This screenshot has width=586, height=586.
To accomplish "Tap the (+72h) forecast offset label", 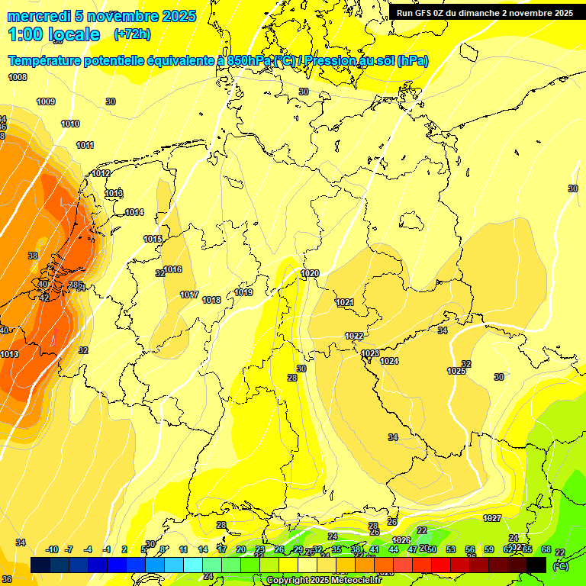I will [x=132, y=34].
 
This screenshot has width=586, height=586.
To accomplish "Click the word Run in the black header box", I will [x=405, y=13].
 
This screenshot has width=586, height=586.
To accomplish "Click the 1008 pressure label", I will [x=18, y=77].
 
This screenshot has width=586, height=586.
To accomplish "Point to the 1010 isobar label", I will [x=70, y=124].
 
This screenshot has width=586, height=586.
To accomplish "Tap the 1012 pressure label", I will [x=101, y=174].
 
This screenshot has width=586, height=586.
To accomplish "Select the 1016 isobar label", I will [x=172, y=269].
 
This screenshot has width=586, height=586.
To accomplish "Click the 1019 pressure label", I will [x=243, y=292].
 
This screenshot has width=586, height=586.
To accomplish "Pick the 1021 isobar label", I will [x=345, y=303].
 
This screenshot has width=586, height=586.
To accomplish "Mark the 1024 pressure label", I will [x=389, y=361].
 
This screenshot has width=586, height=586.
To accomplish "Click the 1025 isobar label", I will [x=456, y=371].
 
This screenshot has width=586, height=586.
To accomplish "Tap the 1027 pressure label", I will [x=492, y=518].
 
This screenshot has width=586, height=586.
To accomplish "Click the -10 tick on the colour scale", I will [x=52, y=549].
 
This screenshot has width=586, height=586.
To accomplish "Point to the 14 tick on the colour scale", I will [x=203, y=549].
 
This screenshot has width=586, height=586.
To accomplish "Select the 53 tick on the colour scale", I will [x=451, y=549].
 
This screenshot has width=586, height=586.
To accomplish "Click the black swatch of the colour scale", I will [x=536, y=565].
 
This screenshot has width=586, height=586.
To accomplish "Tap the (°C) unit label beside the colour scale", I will [x=560, y=566].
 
